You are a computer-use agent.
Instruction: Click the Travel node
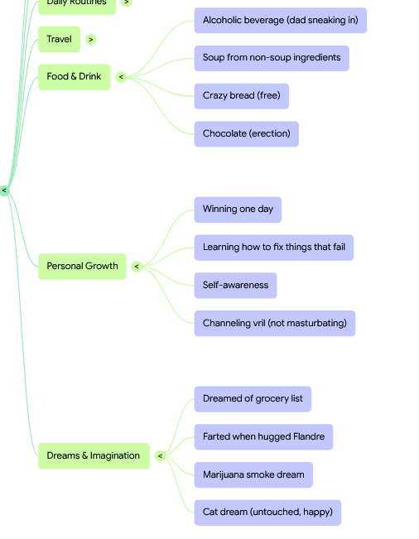click(59, 39)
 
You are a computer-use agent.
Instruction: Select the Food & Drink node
click(75, 77)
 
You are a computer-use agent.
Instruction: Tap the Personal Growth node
click(82, 267)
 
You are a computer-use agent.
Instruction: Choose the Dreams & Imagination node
click(94, 456)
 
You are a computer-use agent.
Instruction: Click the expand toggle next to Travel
click(91, 40)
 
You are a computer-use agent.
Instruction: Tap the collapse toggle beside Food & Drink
click(121, 77)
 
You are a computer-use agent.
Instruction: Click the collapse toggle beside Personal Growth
click(137, 267)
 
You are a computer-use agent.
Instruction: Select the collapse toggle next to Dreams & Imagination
click(160, 456)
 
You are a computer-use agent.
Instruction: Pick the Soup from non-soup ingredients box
click(272, 58)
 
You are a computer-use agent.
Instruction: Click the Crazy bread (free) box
click(241, 96)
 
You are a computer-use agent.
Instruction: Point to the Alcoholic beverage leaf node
click(281, 20)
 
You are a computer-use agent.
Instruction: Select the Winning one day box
click(238, 209)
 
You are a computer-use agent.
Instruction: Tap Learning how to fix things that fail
click(274, 248)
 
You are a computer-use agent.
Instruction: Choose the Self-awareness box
click(235, 286)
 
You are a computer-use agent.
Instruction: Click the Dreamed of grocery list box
click(253, 399)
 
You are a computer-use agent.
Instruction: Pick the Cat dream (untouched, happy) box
click(267, 513)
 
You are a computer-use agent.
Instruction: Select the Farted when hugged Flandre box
click(263, 437)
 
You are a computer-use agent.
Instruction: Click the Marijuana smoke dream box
click(253, 474)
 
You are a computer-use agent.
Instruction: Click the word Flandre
click(309, 436)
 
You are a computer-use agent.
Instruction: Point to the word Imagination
click(115, 456)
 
